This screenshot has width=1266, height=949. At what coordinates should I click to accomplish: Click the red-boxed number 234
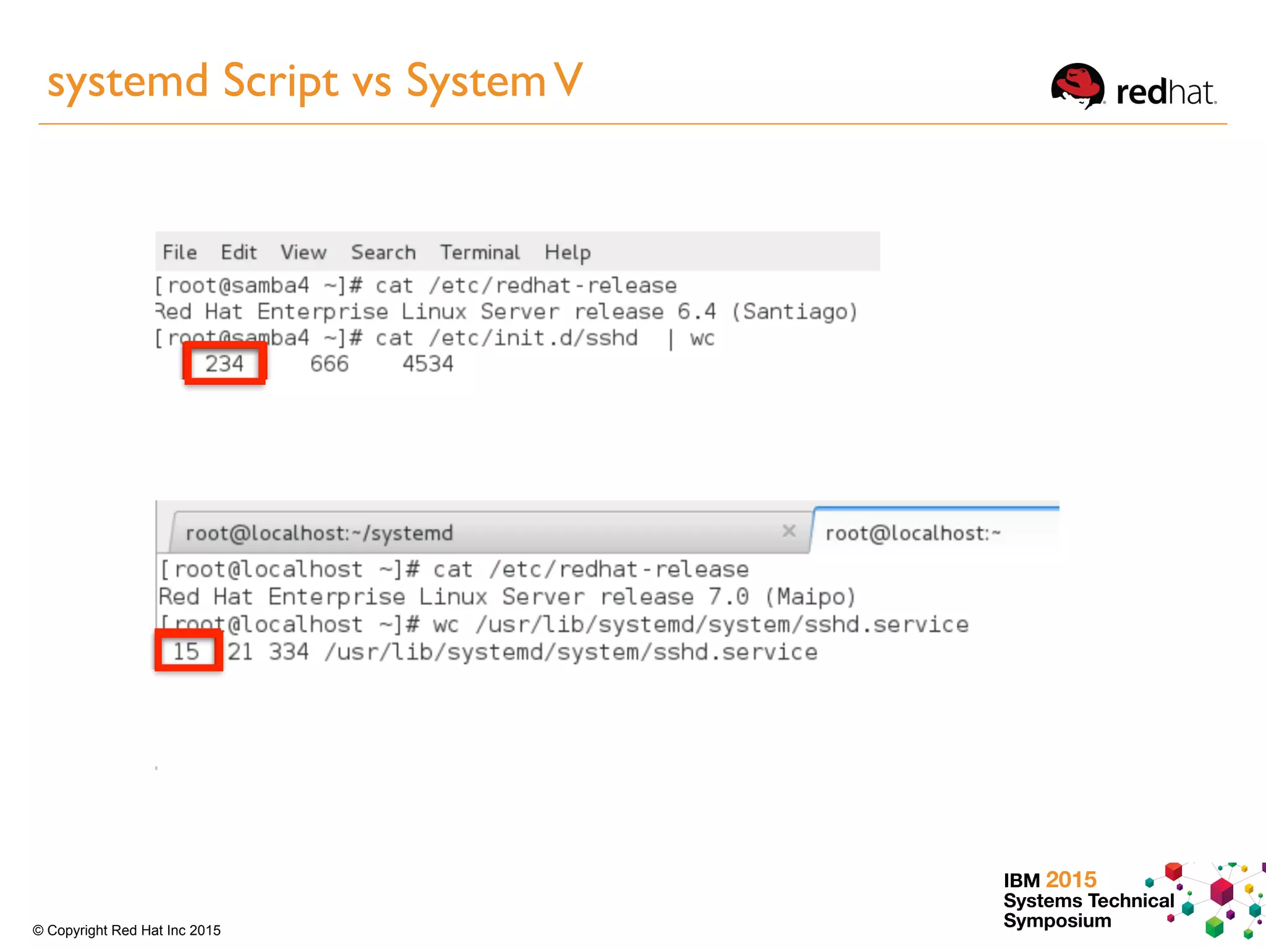pyautogui.click(x=224, y=364)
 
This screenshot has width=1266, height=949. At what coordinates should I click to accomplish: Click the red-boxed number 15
pyautogui.click(x=186, y=651)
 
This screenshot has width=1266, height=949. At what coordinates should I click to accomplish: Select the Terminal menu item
pyautogui.click(x=480, y=253)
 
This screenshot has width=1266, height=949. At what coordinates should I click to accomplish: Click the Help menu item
pyautogui.click(x=567, y=253)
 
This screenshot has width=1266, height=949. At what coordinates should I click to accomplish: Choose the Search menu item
pyautogui.click(x=383, y=253)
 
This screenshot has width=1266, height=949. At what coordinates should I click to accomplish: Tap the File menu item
pyautogui.click(x=180, y=253)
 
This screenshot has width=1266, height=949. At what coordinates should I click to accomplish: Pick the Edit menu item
pyautogui.click(x=239, y=253)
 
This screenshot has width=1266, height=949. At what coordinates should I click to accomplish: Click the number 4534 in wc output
pyautogui.click(x=428, y=364)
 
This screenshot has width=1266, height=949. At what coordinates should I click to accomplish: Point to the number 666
pyautogui.click(x=329, y=364)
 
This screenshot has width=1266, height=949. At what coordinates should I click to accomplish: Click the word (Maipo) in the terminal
pyautogui.click(x=810, y=597)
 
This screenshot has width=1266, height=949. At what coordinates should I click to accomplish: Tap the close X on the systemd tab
pyautogui.click(x=789, y=531)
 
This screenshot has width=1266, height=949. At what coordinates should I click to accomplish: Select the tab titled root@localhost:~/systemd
pyautogui.click(x=320, y=533)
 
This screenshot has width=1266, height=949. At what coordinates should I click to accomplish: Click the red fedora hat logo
pyautogui.click(x=1078, y=86)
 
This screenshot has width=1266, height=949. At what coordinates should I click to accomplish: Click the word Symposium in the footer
pyautogui.click(x=1057, y=921)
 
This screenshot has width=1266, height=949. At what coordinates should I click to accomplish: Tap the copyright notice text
pyautogui.click(x=127, y=930)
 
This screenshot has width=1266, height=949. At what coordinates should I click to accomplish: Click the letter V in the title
pyautogui.click(x=568, y=80)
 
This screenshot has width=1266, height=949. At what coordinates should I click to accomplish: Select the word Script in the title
pyautogui.click(x=281, y=82)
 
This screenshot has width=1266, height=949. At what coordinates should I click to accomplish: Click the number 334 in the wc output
pyautogui.click(x=289, y=652)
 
